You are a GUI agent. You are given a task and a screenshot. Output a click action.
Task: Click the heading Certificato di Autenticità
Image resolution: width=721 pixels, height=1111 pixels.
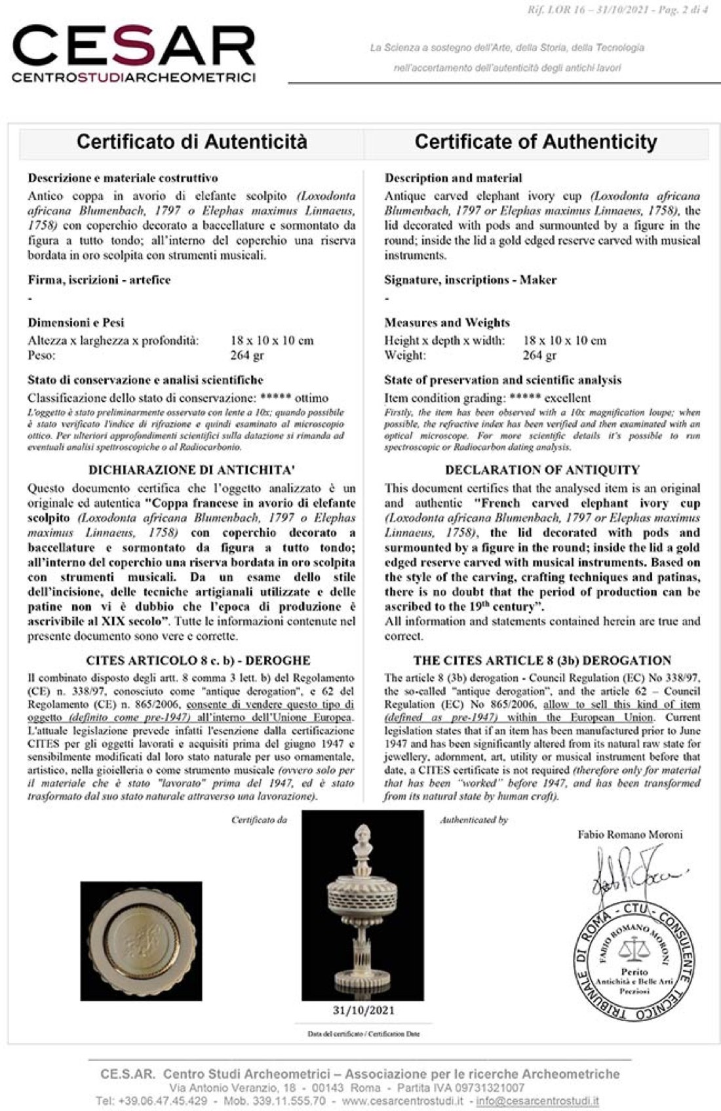[x=191, y=142]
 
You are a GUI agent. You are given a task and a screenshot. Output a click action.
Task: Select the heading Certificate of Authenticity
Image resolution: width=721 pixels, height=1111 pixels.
[x=536, y=142]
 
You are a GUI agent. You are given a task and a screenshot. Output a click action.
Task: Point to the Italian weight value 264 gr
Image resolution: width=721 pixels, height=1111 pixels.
[x=246, y=355]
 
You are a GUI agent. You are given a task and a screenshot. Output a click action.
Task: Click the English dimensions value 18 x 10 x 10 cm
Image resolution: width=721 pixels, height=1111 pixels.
[x=564, y=340]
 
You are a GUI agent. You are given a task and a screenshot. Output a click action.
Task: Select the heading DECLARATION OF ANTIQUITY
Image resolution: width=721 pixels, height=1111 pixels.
[x=542, y=470]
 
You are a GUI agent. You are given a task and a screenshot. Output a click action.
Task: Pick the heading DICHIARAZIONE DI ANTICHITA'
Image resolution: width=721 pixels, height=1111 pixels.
[x=191, y=470]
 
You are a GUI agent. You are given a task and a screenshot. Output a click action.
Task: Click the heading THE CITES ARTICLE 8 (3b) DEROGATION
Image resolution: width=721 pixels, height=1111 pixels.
[x=542, y=660]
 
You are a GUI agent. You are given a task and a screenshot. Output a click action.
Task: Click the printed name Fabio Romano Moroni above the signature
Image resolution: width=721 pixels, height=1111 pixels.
[x=630, y=834]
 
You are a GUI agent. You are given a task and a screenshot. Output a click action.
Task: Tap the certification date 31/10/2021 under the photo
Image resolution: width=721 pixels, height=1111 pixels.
[x=363, y=1010]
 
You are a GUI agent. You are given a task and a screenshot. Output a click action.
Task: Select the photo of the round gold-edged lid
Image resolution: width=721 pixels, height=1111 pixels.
[x=141, y=940]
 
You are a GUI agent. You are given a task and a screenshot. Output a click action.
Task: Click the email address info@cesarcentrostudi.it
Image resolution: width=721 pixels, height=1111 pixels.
[x=537, y=1101]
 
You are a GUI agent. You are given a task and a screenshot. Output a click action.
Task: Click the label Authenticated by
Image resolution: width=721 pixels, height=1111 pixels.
[x=473, y=819]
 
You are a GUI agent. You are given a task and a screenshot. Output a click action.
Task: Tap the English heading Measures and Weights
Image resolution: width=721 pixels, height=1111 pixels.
[x=446, y=322]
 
